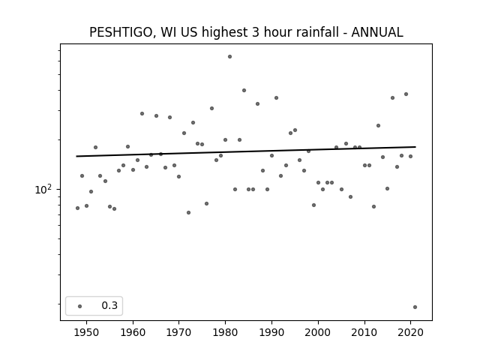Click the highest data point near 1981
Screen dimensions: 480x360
(x=230, y=57)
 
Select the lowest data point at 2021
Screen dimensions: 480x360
(x=415, y=307)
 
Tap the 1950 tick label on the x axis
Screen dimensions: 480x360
(x=87, y=332)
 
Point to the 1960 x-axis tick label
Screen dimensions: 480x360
(x=133, y=332)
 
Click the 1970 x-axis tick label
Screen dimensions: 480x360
(x=179, y=332)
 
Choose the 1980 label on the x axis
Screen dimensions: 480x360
(x=225, y=332)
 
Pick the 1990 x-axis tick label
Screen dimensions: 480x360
(x=271, y=332)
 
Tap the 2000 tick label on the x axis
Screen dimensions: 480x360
(x=318, y=332)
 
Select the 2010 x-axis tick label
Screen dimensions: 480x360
(x=364, y=332)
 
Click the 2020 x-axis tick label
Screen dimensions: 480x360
(x=410, y=332)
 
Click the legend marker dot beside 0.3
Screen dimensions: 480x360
(x=80, y=306)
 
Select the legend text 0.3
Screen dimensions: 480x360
(x=109, y=305)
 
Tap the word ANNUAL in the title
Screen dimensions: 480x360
(x=377, y=32)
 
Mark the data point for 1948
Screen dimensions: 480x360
(x=77, y=208)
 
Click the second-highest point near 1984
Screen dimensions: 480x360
(x=244, y=90)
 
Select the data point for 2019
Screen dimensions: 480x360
(x=406, y=94)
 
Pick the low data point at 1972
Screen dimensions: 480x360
(x=188, y=213)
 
